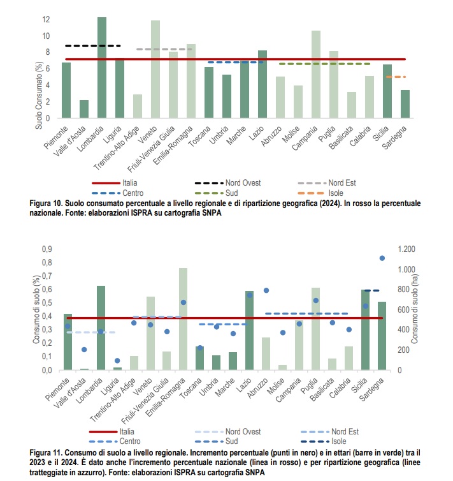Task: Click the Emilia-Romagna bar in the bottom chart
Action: [x=183, y=319]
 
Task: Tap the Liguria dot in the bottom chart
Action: [x=117, y=360]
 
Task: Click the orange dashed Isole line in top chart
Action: [x=396, y=77]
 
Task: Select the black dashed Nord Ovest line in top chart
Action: [x=93, y=46]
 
